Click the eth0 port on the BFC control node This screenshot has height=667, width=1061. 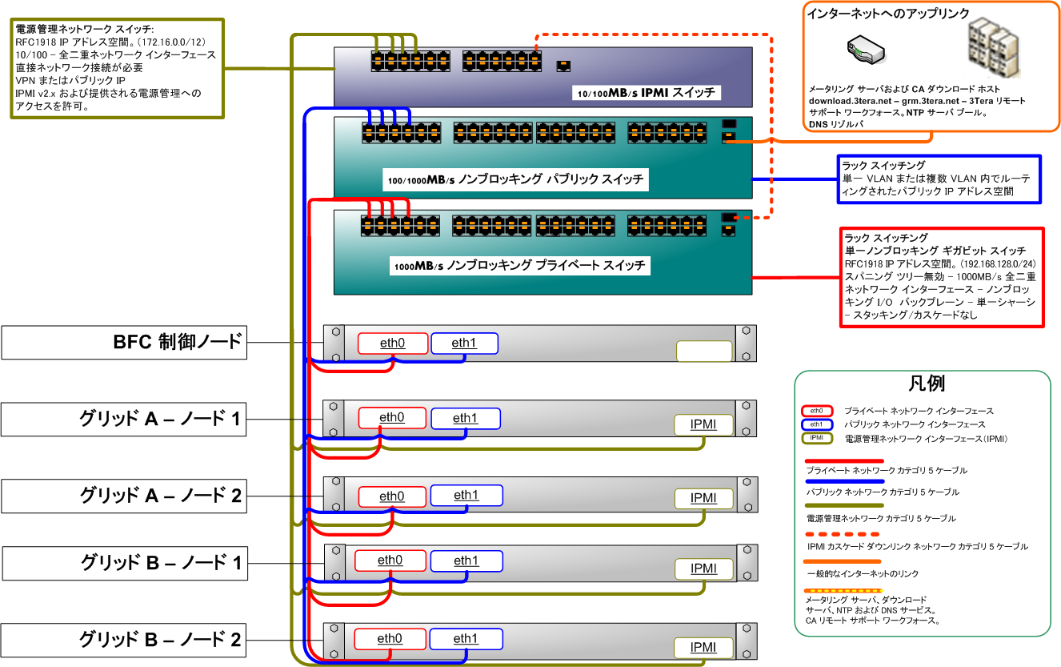point(393,344)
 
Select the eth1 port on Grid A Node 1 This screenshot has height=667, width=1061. point(465,418)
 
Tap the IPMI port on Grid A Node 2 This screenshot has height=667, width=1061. point(703,498)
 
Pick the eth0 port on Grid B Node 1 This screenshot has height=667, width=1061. point(390,561)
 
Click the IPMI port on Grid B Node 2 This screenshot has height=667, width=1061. point(703,647)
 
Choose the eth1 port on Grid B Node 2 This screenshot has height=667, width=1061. point(465,639)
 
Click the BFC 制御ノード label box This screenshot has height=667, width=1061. point(122,342)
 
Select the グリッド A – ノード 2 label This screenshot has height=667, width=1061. point(122,496)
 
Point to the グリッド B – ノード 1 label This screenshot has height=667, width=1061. point(122,564)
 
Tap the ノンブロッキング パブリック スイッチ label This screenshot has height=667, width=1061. point(516,180)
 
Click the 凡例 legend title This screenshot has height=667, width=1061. point(927,384)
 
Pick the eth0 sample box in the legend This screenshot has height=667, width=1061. point(816,410)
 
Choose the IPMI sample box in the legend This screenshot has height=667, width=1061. point(816,438)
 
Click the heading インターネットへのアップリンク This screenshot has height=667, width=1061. point(888,14)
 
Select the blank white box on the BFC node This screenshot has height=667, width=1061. point(704,351)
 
